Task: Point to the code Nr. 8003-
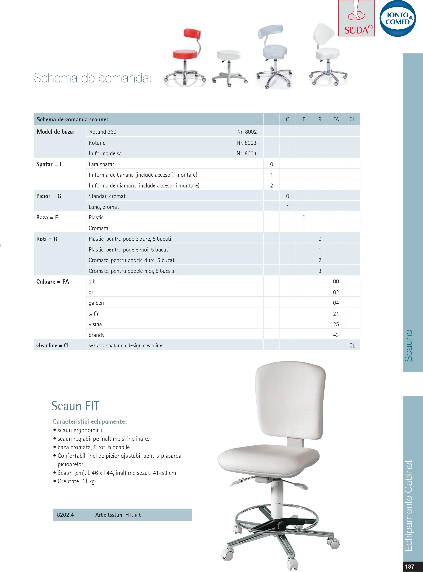(x=247, y=143)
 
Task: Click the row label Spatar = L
(x=49, y=164)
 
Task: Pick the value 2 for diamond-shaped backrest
(x=271, y=186)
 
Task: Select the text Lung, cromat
(x=104, y=207)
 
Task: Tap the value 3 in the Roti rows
(x=320, y=271)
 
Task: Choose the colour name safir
(x=94, y=313)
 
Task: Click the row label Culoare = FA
(x=53, y=282)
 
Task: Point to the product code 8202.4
(x=65, y=515)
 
